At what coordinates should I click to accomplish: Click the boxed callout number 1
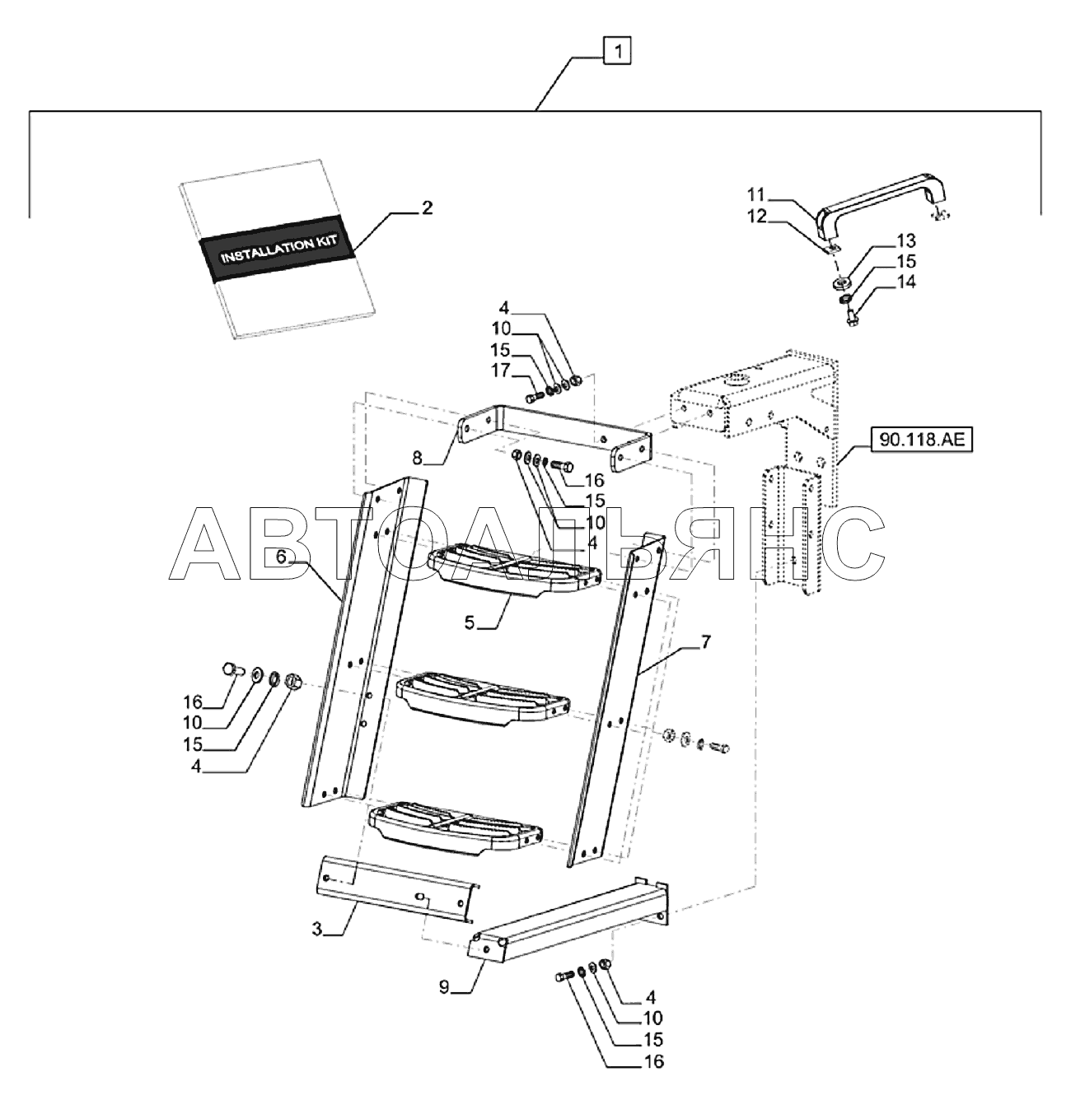coord(618,53)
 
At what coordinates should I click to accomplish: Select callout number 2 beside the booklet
coord(426,208)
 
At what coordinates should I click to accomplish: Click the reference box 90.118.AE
coord(921,442)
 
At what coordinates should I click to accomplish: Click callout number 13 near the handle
coord(905,241)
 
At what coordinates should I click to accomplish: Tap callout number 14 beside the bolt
coord(905,282)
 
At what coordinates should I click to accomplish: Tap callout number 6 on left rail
coord(281,557)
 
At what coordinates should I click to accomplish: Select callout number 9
coord(443,988)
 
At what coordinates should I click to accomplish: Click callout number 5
coord(469,623)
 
